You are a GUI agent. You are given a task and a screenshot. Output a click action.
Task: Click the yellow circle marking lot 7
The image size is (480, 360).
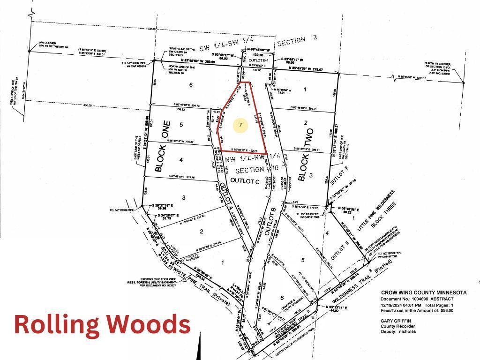[x=240, y=125]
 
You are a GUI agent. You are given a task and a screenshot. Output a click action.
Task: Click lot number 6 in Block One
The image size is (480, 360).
[x=191, y=85]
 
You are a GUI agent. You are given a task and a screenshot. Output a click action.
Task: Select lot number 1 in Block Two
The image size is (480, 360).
[x=305, y=89]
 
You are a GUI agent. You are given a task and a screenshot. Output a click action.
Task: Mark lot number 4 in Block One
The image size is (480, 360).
[x=180, y=160]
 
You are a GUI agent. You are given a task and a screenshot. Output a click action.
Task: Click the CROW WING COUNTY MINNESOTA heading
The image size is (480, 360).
[x=423, y=292]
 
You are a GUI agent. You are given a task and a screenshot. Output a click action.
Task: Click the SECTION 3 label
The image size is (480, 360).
[x=298, y=42]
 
